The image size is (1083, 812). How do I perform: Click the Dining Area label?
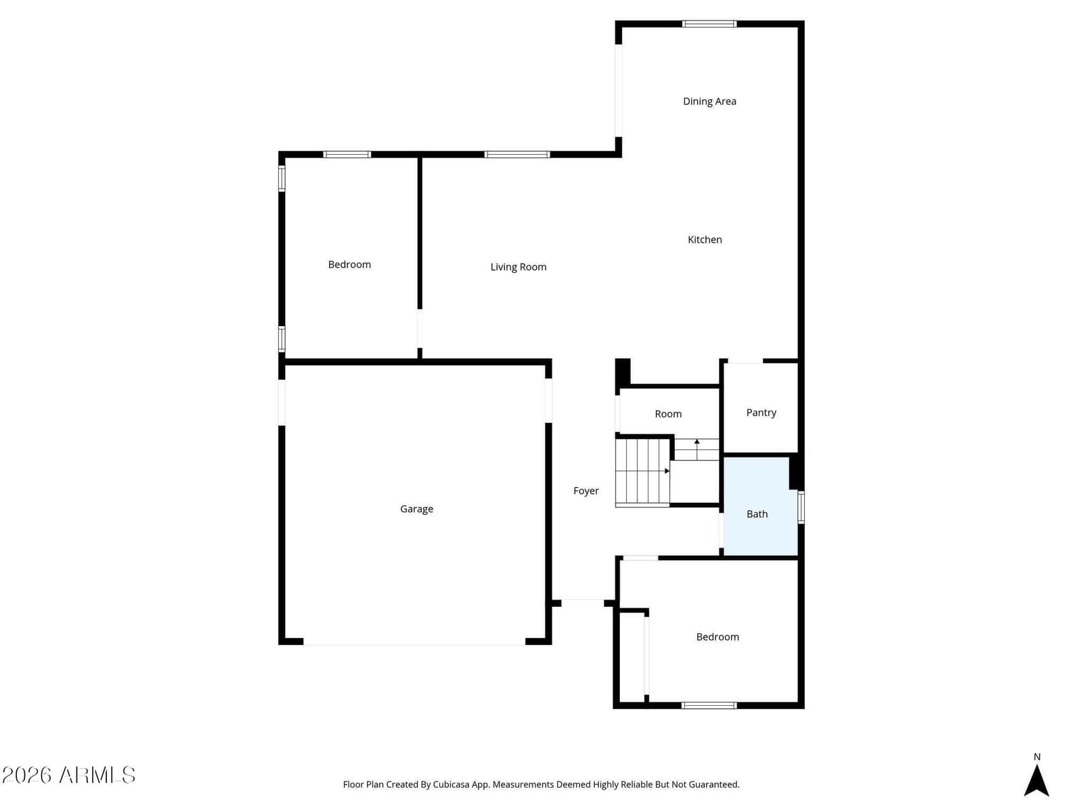pos(709,101)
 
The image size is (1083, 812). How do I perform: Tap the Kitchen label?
pos(705,240)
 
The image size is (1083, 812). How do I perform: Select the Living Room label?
pos(518,267)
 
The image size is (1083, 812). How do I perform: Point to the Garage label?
pos(416,509)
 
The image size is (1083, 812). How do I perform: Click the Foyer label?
pos(585,491)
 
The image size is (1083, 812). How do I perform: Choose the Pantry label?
pos(761,412)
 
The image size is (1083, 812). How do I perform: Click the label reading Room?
pos(668,414)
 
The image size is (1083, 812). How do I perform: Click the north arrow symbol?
pos(1036,780)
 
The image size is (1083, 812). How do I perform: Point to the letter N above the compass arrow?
pos(1036,757)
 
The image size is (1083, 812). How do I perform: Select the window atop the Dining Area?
pos(709,24)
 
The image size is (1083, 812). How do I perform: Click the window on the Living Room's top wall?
pos(516,154)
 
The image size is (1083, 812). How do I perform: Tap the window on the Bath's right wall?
pos(801,507)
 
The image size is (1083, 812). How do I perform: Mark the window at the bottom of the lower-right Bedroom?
pos(709,705)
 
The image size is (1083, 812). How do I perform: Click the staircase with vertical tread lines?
pos(642,472)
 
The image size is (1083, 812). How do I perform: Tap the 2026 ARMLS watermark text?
pos(68,775)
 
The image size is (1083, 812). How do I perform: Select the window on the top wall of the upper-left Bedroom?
pos(347,154)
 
